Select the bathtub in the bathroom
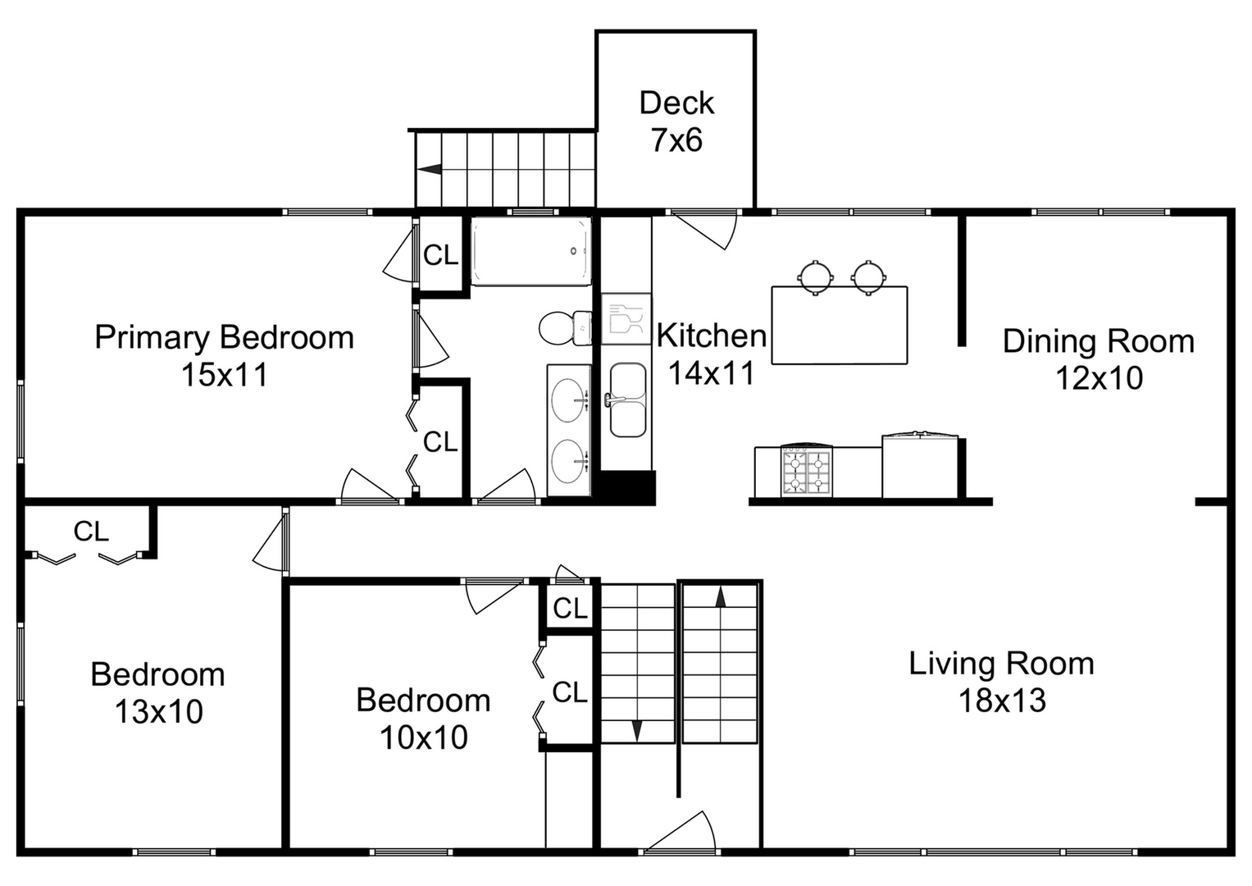(530, 251)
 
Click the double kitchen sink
(628, 400)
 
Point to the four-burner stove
(806, 472)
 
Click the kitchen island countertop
(839, 326)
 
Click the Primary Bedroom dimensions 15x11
(224, 375)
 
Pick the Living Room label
(1001, 663)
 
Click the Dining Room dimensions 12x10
(1098, 378)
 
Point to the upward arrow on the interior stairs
(721, 596)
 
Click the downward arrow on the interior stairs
(637, 729)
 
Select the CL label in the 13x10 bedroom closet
(91, 532)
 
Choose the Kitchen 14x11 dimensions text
(711, 373)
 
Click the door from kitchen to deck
(702, 226)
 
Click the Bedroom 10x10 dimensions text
(423, 737)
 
